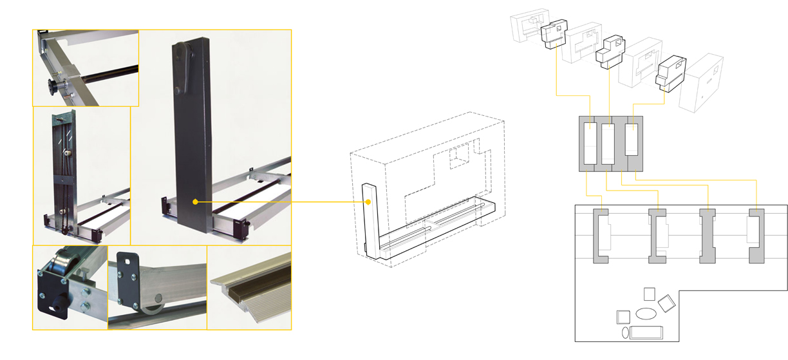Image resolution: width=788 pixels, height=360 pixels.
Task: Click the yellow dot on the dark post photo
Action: coord(194,202)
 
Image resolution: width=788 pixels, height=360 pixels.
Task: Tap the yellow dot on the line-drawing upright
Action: coord(368,202)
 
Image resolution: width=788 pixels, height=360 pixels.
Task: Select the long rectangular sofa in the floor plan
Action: coord(646,332)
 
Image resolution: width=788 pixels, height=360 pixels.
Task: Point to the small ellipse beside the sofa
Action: coord(625,332)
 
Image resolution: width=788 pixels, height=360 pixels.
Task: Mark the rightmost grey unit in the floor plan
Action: coord(756,235)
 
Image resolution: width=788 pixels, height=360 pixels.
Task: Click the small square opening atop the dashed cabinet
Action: coord(459,156)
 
